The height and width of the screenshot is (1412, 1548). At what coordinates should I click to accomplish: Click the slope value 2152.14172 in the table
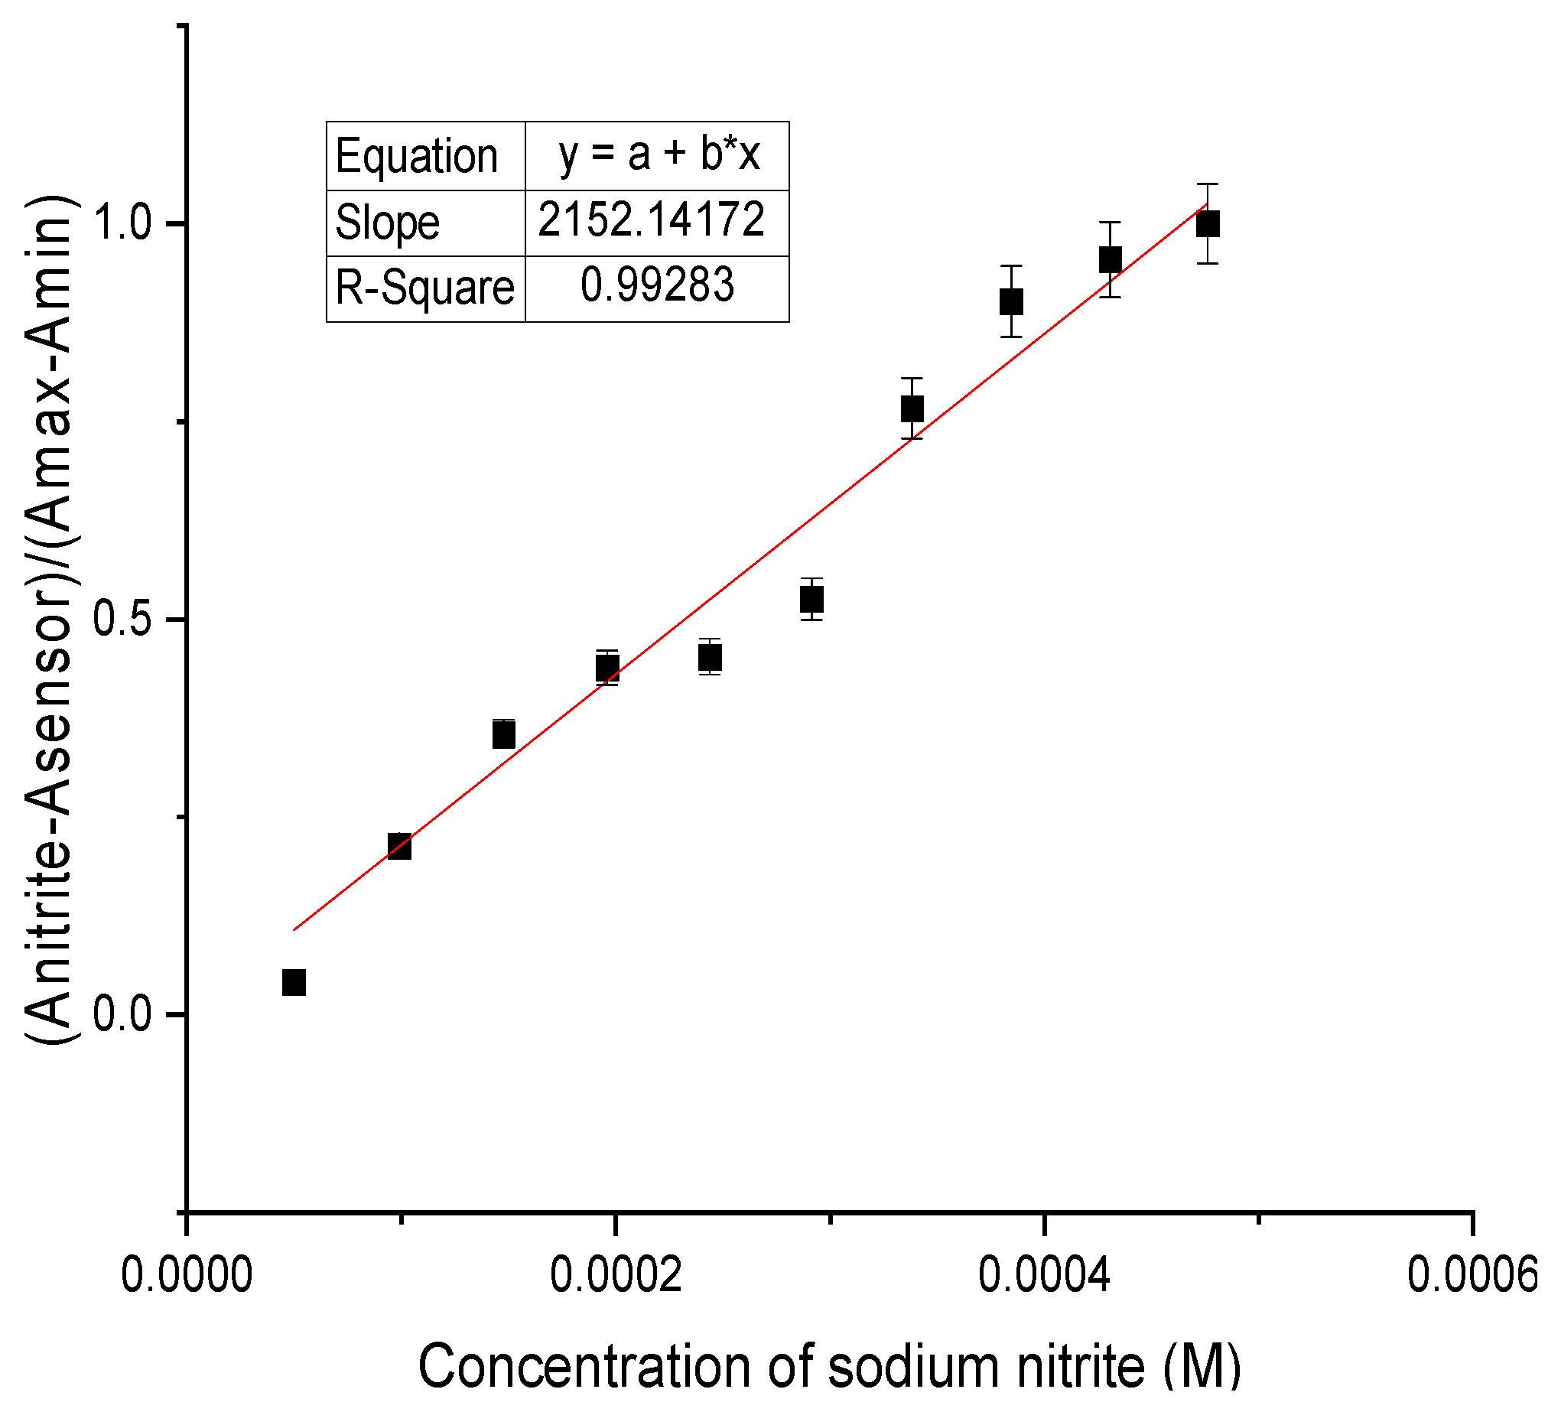coord(650,220)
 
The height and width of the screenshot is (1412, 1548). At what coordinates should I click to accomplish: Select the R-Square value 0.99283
coord(656,285)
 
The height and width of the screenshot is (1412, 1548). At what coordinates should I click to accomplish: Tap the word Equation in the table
coord(417,157)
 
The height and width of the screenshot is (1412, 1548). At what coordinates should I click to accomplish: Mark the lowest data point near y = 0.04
coord(294,982)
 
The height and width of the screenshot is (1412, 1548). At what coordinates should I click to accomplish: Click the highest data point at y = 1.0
coord(1208,224)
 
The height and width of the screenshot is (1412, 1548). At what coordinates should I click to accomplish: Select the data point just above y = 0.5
coord(811,599)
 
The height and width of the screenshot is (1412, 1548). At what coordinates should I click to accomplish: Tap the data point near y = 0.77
coord(912,408)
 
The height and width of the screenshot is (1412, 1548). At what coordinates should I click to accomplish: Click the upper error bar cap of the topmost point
coord(1208,184)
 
